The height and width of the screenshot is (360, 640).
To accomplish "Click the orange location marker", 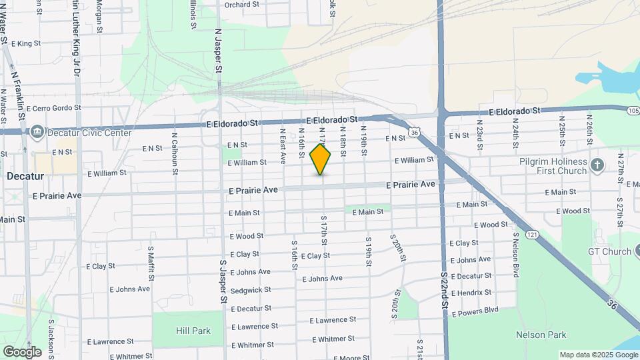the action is (321, 159).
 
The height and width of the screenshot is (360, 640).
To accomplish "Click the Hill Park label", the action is (193, 331).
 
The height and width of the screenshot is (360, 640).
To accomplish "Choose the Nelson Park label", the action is (541, 335).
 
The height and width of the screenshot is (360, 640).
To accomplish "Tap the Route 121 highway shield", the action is (531, 234).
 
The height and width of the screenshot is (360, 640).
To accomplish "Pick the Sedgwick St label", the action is (251, 290).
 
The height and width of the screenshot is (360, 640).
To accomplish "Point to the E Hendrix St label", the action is (471, 293).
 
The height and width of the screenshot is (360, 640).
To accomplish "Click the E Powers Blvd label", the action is (475, 310).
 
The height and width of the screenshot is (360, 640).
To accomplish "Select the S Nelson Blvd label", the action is (515, 254).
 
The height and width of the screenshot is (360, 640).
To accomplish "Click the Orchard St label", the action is (241, 5).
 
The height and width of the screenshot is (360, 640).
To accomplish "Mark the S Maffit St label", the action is (151, 263).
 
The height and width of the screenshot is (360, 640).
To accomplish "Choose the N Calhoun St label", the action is (175, 153).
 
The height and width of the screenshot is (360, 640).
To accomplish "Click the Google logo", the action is (22, 352).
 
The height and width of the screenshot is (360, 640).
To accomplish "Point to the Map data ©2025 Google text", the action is (598, 355).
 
